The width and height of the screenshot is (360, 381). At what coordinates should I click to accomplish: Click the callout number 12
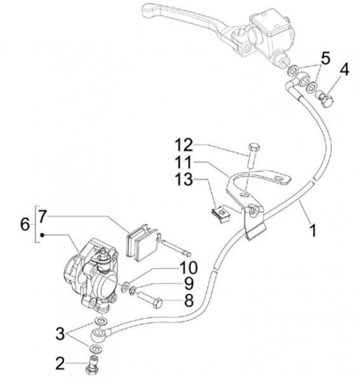tap(184, 145)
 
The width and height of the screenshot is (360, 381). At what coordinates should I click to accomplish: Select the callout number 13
tap(184, 180)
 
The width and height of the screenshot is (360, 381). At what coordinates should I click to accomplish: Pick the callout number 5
tap(325, 59)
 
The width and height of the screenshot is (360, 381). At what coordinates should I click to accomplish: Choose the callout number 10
tap(189, 267)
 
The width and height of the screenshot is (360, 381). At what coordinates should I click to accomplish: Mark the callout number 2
tap(60, 363)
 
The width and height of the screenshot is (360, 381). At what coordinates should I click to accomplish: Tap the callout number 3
tap(60, 333)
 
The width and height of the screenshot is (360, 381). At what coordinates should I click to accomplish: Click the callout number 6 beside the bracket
tap(25, 224)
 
